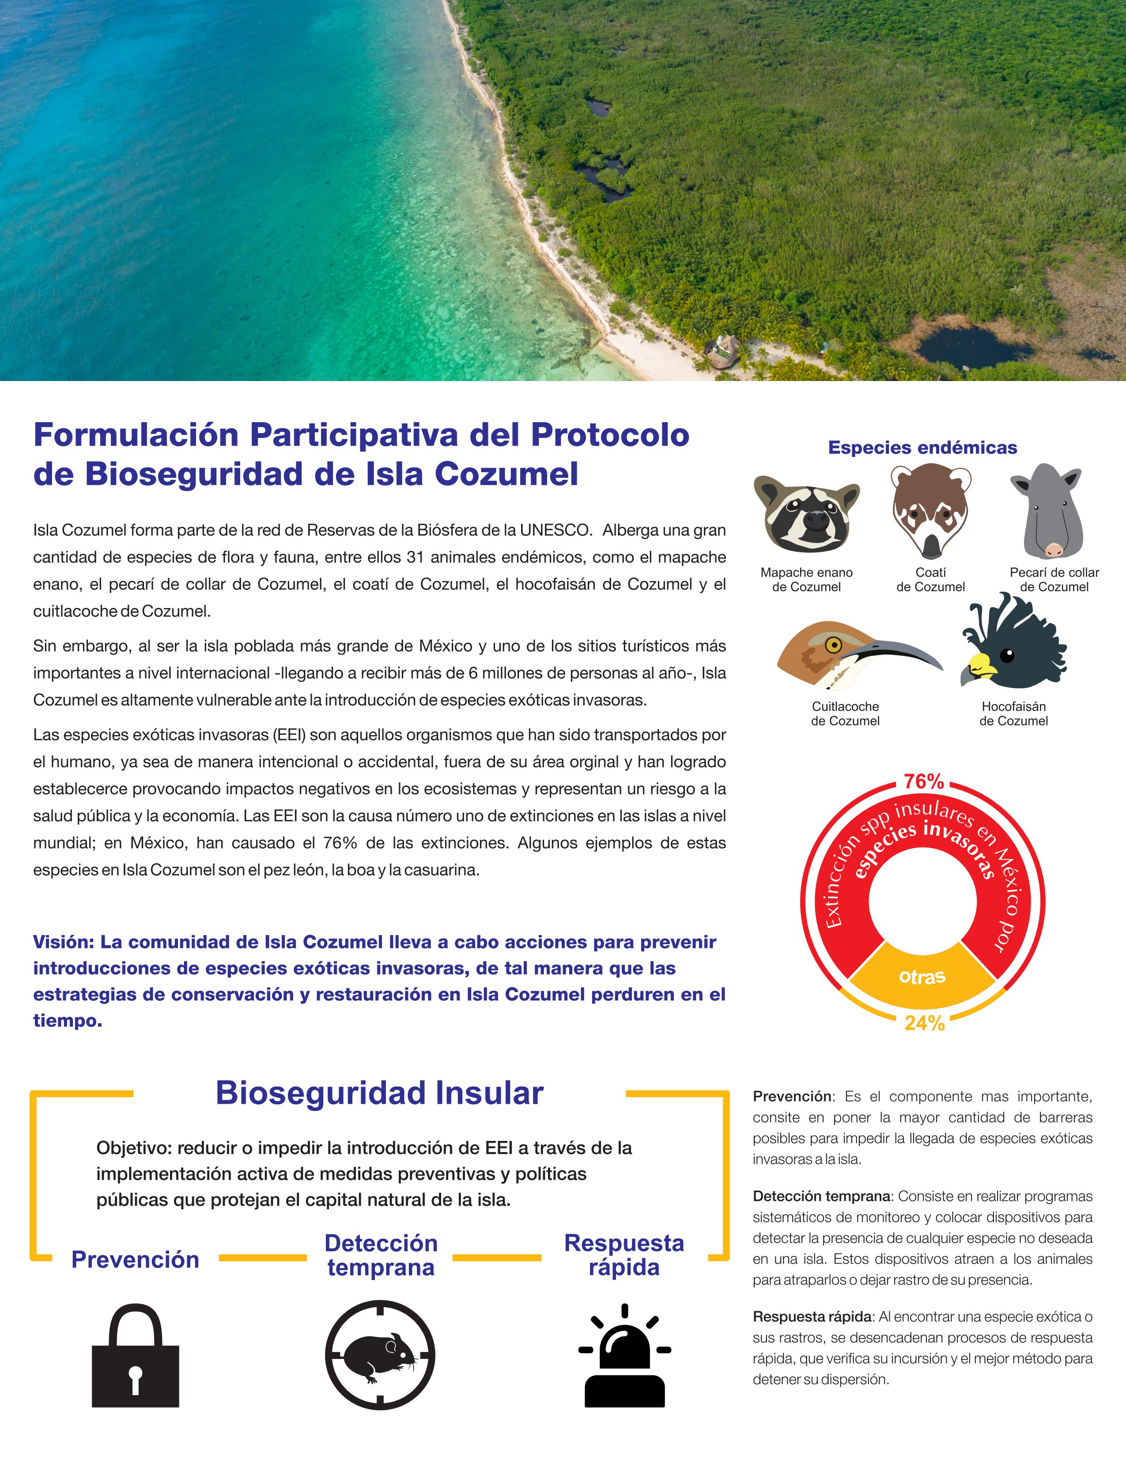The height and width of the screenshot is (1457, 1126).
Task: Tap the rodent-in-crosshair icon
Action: point(380,1355)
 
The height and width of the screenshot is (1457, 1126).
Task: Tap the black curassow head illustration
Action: point(1012,644)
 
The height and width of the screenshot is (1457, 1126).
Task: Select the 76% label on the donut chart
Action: point(924,781)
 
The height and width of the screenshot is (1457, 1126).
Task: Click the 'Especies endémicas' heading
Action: point(922,448)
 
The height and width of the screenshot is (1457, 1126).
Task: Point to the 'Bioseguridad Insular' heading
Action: point(380,1094)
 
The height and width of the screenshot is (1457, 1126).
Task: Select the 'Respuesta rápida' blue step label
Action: point(624,1255)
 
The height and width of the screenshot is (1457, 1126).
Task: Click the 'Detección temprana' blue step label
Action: point(381,1255)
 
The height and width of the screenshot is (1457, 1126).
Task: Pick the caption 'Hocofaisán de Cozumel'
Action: point(1013,713)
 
